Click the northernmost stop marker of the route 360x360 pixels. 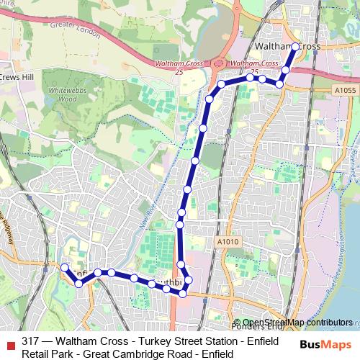coord(295,46)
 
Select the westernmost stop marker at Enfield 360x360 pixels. coord(64,267)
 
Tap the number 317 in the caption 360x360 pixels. coord(31,341)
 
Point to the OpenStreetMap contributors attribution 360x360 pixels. coord(297,323)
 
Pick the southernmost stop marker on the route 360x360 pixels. coord(183,293)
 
